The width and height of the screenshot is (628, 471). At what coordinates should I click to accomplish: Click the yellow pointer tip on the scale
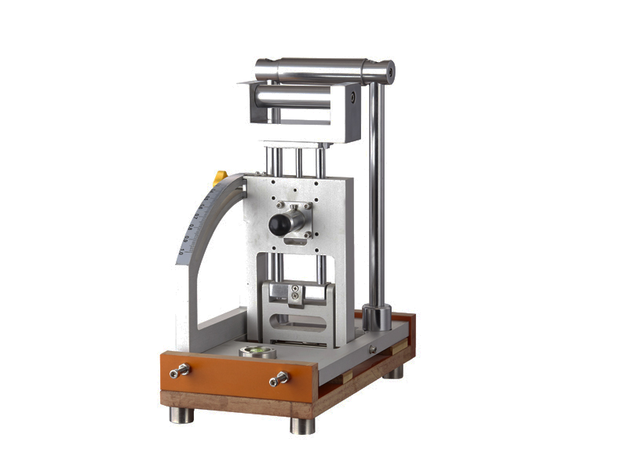(221, 178)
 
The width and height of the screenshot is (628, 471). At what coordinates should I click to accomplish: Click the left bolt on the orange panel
(180, 370)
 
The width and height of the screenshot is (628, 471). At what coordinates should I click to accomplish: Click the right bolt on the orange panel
(279, 381)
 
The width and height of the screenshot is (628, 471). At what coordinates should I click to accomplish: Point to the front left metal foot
(181, 414)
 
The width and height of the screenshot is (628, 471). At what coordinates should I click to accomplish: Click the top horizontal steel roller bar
(322, 70)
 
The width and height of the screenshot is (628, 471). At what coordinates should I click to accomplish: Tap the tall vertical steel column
(377, 196)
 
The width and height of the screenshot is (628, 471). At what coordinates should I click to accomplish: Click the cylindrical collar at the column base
(377, 318)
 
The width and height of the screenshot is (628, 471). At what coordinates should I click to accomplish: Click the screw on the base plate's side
(374, 349)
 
